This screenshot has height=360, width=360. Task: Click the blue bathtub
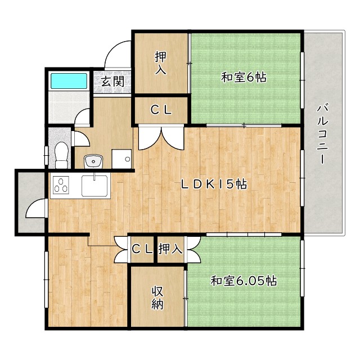[69, 81]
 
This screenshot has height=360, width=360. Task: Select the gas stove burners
[60, 186]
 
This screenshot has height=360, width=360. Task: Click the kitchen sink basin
[94, 186]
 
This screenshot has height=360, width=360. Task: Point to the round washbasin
[93, 162]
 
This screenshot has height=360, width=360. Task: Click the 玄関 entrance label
[112, 81]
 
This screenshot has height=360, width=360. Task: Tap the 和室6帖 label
[243, 78]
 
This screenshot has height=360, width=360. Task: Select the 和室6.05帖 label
[243, 281]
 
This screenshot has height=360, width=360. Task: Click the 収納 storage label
[157, 298]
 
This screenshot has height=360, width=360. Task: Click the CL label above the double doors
[161, 110]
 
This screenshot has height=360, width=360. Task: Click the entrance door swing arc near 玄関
[118, 53]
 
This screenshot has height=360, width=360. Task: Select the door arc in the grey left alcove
[35, 210]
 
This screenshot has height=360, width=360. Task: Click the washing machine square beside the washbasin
[121, 159]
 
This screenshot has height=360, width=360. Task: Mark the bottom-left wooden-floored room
[87, 281]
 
